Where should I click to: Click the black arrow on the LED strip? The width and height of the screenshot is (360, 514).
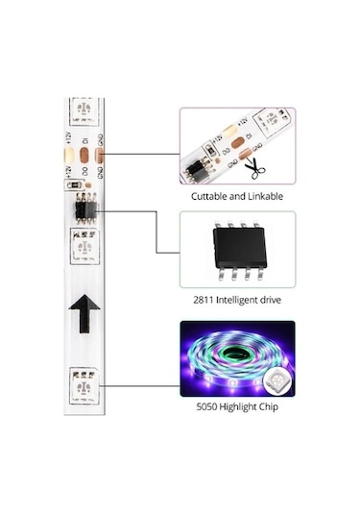pyautogui.click(x=85, y=312)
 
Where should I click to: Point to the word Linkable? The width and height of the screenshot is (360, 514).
pyautogui.click(x=263, y=196)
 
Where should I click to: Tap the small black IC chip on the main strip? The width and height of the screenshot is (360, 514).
pyautogui.click(x=84, y=206)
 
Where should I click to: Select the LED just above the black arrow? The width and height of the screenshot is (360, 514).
pyautogui.click(x=84, y=249)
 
